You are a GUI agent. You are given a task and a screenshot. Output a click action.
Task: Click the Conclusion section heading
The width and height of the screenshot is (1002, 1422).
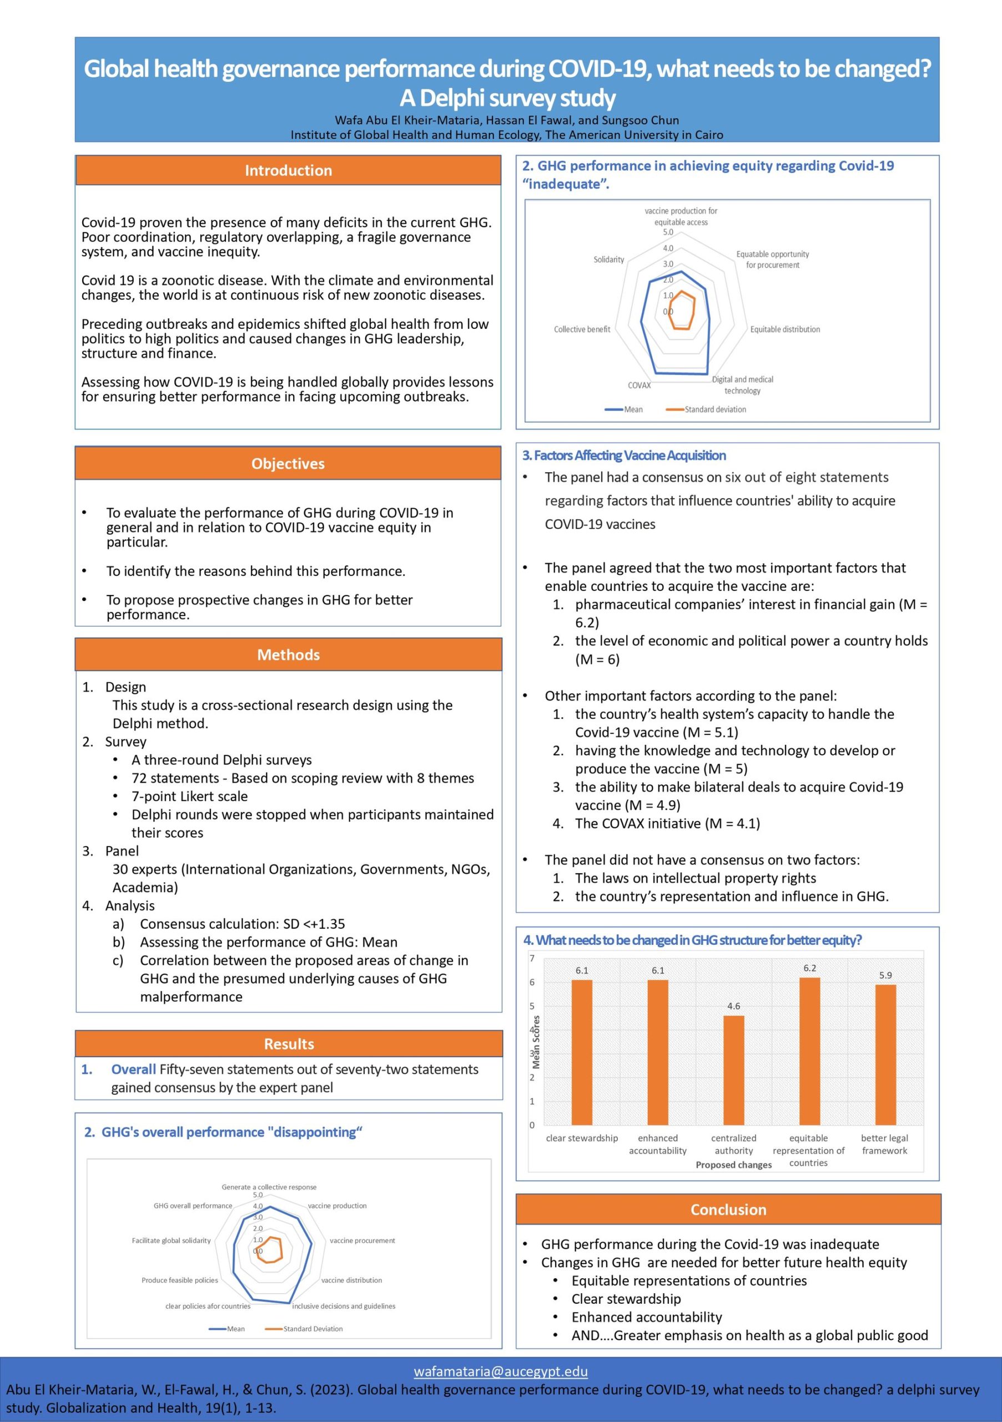728,1210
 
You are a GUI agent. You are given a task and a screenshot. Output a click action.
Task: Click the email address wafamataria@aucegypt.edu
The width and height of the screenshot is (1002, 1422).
501,1371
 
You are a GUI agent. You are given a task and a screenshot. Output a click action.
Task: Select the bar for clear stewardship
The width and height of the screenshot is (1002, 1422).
582,1052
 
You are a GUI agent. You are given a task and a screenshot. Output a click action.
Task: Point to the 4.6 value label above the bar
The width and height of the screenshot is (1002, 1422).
733,1007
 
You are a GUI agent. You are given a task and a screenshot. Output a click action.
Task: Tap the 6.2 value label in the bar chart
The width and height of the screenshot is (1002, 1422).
809,968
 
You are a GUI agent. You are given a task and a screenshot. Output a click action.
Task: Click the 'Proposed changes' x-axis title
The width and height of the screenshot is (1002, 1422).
733,1165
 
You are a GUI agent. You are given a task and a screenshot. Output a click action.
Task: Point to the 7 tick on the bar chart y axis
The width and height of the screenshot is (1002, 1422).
532,959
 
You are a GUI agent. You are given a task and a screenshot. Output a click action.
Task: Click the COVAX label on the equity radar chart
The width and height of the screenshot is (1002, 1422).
640,385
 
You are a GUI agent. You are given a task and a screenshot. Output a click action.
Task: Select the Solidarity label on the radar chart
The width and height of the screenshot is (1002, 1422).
609,259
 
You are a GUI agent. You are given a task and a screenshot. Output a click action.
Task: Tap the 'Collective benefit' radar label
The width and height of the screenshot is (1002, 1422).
582,329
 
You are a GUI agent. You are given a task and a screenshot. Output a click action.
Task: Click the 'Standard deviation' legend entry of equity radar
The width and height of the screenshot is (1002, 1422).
715,409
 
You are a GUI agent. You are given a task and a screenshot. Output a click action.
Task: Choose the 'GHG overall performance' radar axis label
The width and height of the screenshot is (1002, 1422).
193,1206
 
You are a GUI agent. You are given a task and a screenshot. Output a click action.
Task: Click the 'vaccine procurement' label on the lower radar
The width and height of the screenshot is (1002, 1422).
362,1240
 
